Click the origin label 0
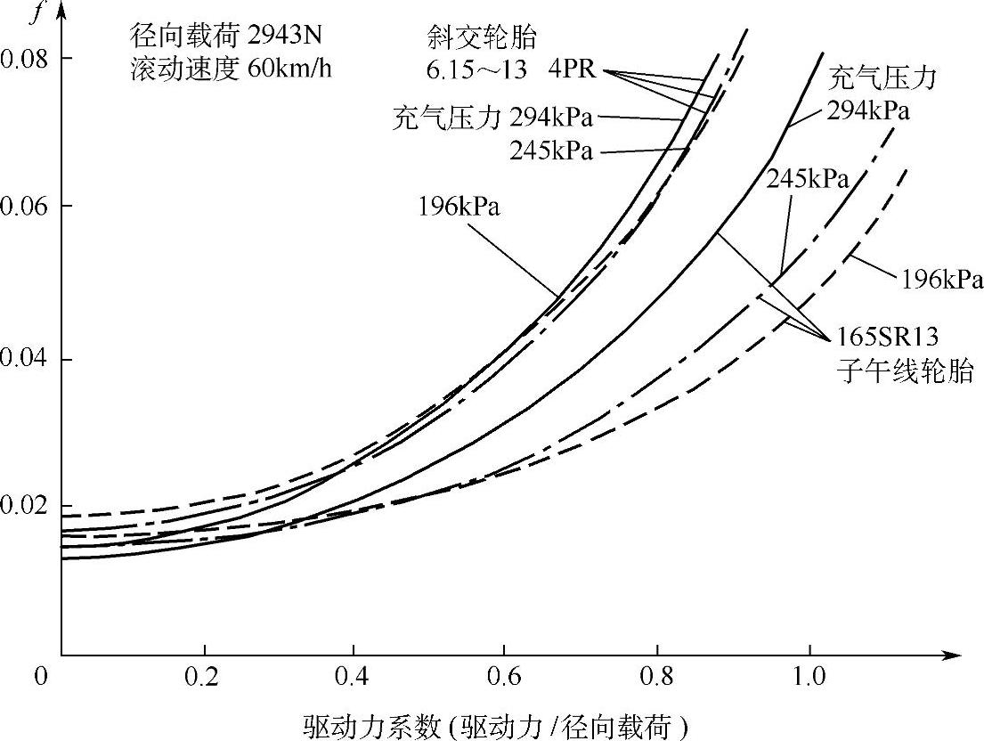pyautogui.click(x=39, y=678)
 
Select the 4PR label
pyautogui.click(x=572, y=68)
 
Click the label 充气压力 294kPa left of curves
pyautogui.click(x=492, y=118)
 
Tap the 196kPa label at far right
pyautogui.click(x=940, y=281)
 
